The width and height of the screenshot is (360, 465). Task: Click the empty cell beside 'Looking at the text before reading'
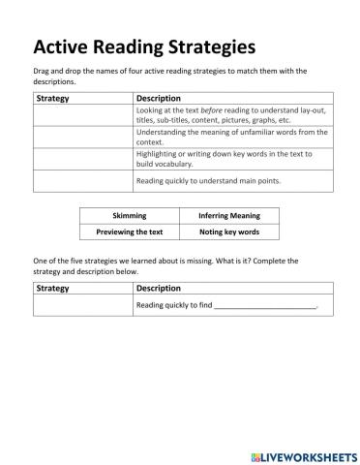(x=82, y=115)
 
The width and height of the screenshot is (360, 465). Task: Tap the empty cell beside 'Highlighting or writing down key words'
(x=82, y=159)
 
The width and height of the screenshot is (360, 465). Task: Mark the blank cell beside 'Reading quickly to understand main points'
(x=82, y=181)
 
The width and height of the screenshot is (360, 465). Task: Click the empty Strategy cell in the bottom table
(x=82, y=305)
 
